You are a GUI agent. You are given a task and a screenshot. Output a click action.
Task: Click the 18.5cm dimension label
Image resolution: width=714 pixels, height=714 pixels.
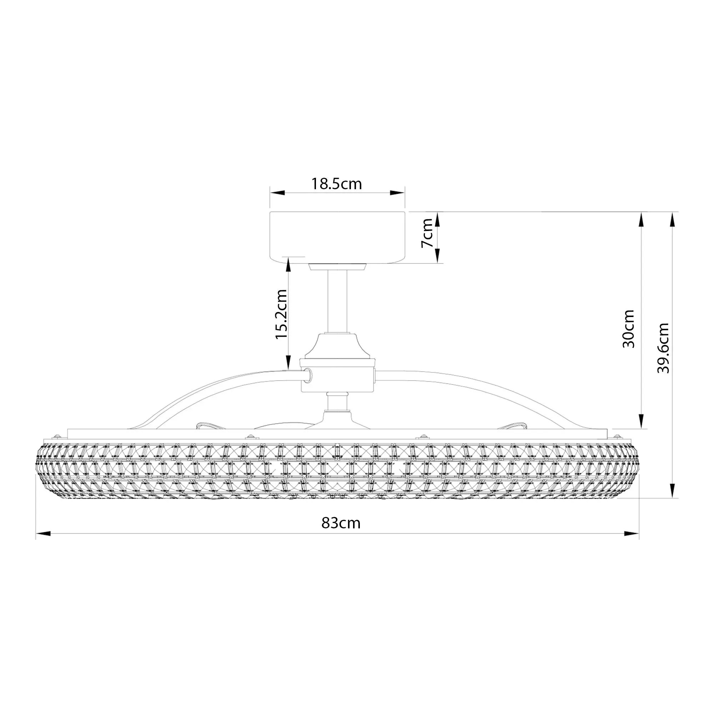click(x=336, y=183)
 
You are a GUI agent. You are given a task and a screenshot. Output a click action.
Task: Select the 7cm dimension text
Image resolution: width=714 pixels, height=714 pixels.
click(x=427, y=233)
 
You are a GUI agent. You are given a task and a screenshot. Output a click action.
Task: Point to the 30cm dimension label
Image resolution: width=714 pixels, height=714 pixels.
click(x=629, y=328)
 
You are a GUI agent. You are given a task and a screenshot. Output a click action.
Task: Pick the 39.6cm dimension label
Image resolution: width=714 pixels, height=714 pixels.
click(x=663, y=348)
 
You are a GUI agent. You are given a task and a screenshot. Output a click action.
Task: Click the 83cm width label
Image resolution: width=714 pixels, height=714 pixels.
click(x=340, y=523)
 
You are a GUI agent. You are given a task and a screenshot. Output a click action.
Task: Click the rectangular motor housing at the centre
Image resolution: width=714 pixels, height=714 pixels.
click(x=338, y=375)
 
